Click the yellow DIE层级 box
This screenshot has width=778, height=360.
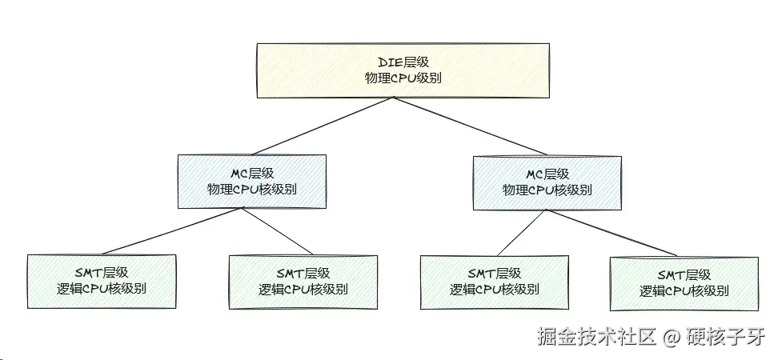(403, 70)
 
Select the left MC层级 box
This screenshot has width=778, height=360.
(253, 182)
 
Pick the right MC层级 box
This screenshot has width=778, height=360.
(547, 182)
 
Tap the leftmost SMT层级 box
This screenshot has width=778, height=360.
(101, 281)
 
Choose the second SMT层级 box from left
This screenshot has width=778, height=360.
(303, 282)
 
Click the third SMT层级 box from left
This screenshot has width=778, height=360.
(494, 282)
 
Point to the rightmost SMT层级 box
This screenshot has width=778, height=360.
(684, 283)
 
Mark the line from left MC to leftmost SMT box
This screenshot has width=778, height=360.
(171, 233)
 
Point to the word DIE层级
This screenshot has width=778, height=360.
(403, 62)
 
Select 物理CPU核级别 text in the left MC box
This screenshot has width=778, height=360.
(253, 190)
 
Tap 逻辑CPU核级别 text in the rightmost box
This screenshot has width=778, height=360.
(684, 291)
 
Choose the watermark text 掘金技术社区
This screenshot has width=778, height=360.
(597, 337)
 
